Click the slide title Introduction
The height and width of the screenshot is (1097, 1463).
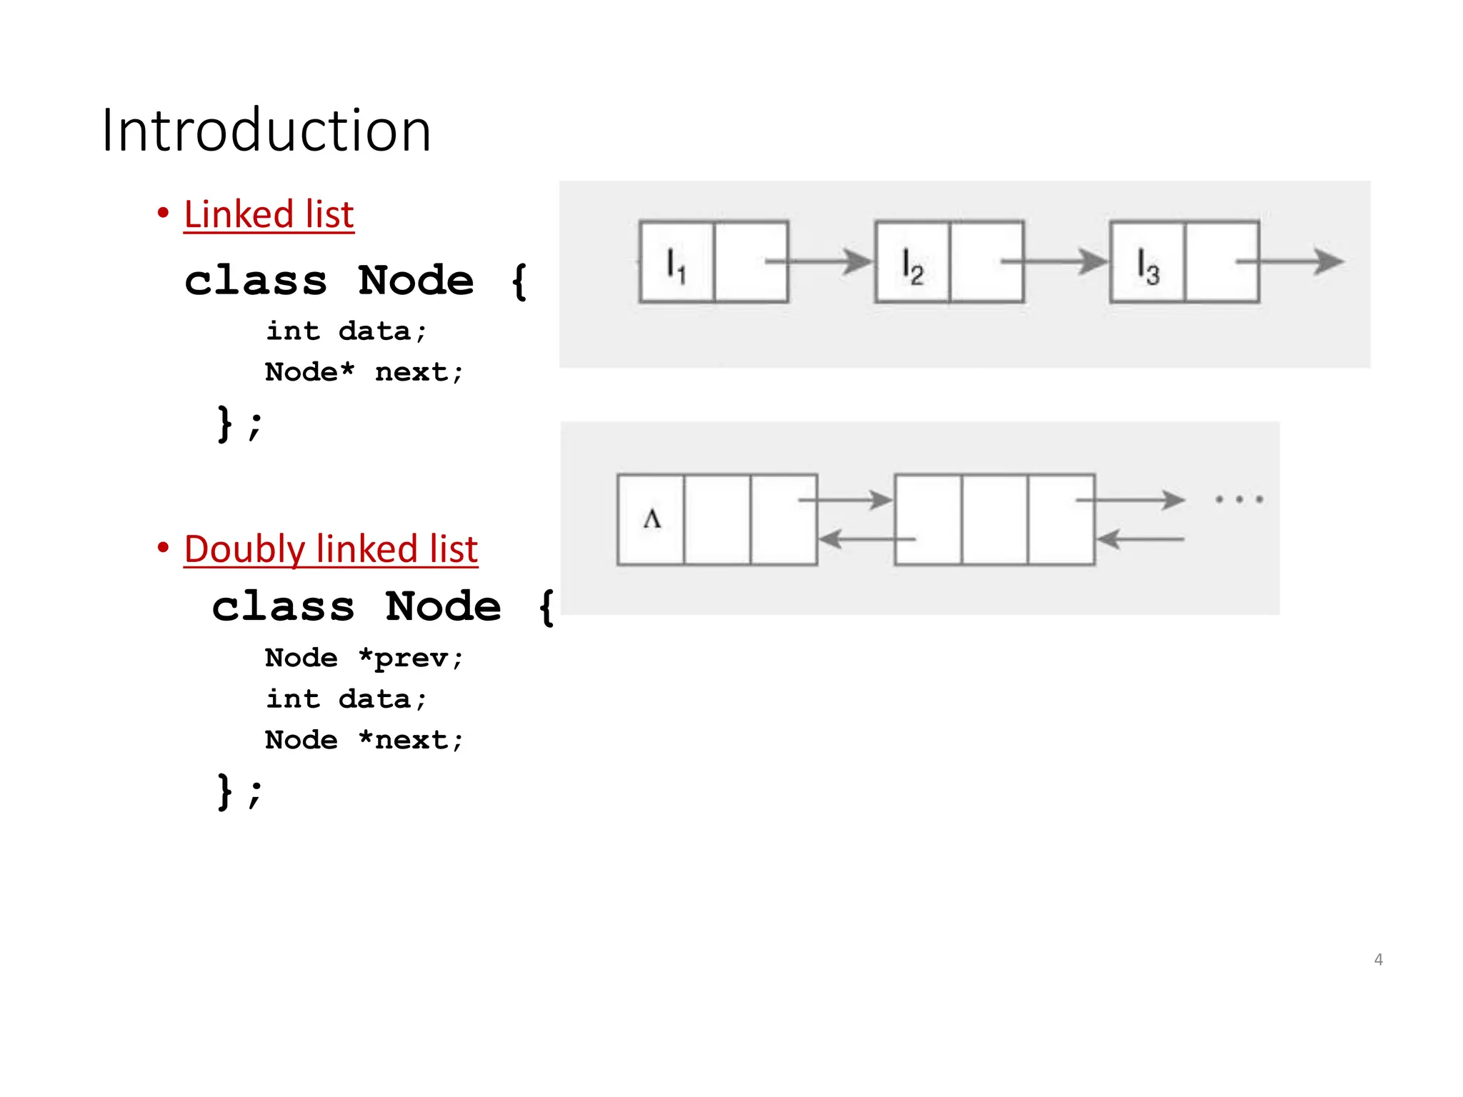266,130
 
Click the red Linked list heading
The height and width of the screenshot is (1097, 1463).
269,214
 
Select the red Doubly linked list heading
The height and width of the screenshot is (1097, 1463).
331,548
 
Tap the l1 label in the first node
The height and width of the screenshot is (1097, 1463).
676,265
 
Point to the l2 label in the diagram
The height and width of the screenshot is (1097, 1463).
912,266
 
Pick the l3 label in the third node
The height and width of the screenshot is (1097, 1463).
1147,266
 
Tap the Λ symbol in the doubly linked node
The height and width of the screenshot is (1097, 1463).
651,519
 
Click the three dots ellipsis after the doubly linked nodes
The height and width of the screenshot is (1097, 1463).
1239,499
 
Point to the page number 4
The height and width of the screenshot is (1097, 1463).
1378,959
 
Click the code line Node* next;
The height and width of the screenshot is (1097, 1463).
364,372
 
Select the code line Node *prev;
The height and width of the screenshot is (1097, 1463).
364,658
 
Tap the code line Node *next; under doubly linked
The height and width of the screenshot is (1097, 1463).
364,740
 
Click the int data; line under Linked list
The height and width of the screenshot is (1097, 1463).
346,331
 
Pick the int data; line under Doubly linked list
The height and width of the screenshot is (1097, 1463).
346,699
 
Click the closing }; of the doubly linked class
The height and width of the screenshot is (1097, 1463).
239,791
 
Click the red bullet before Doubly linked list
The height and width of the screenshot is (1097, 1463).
164,548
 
